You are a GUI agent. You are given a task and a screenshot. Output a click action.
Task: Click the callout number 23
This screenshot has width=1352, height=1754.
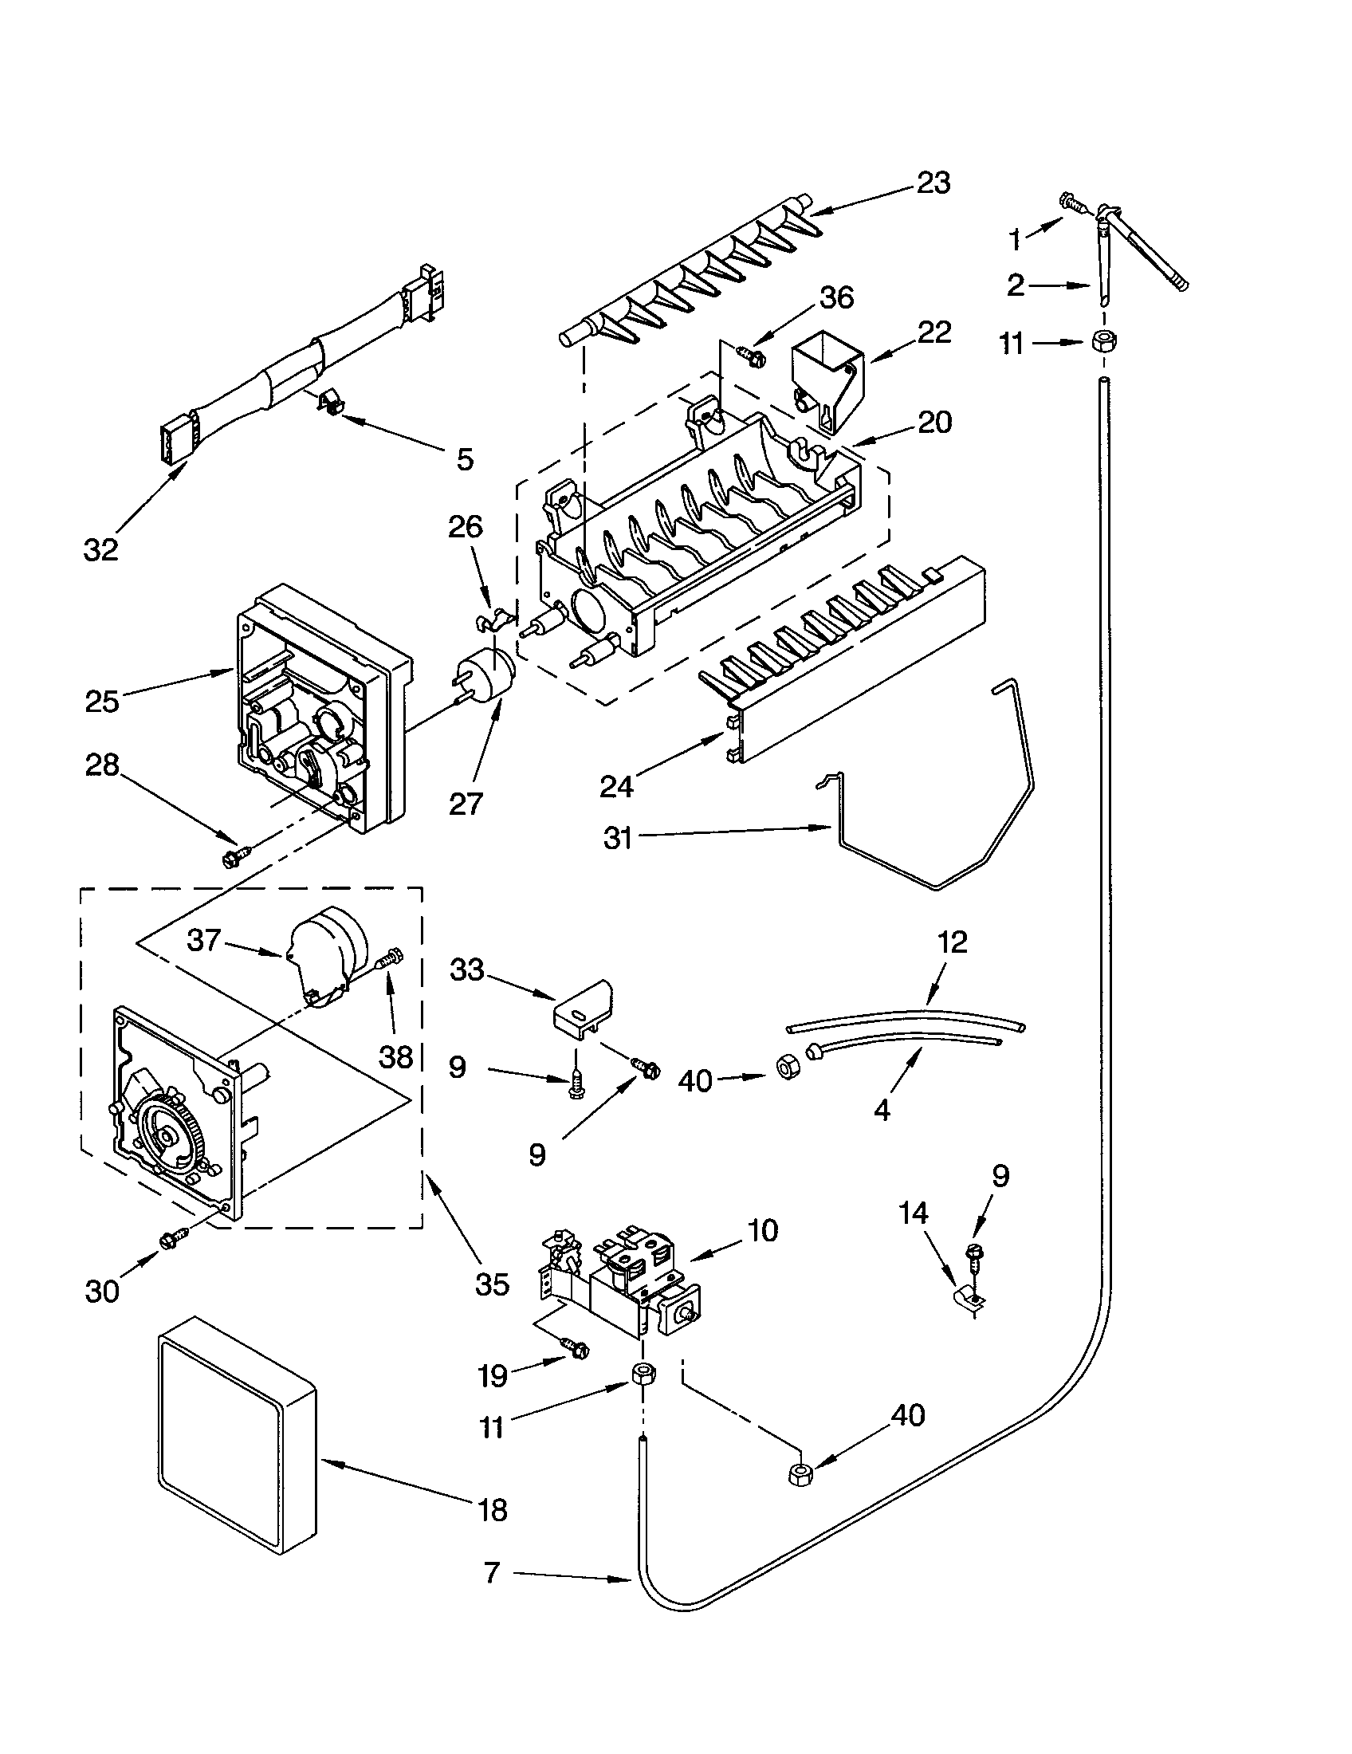pos(933,183)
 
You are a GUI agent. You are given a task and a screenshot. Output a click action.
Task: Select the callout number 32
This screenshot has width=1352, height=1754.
pos(101,549)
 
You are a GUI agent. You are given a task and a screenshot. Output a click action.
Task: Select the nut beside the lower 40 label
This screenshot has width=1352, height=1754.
pos(800,1473)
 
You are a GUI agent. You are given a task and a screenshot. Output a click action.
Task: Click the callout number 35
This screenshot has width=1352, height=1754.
pos(491,1284)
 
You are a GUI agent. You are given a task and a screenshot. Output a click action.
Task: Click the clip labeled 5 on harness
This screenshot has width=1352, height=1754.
pos(328,399)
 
